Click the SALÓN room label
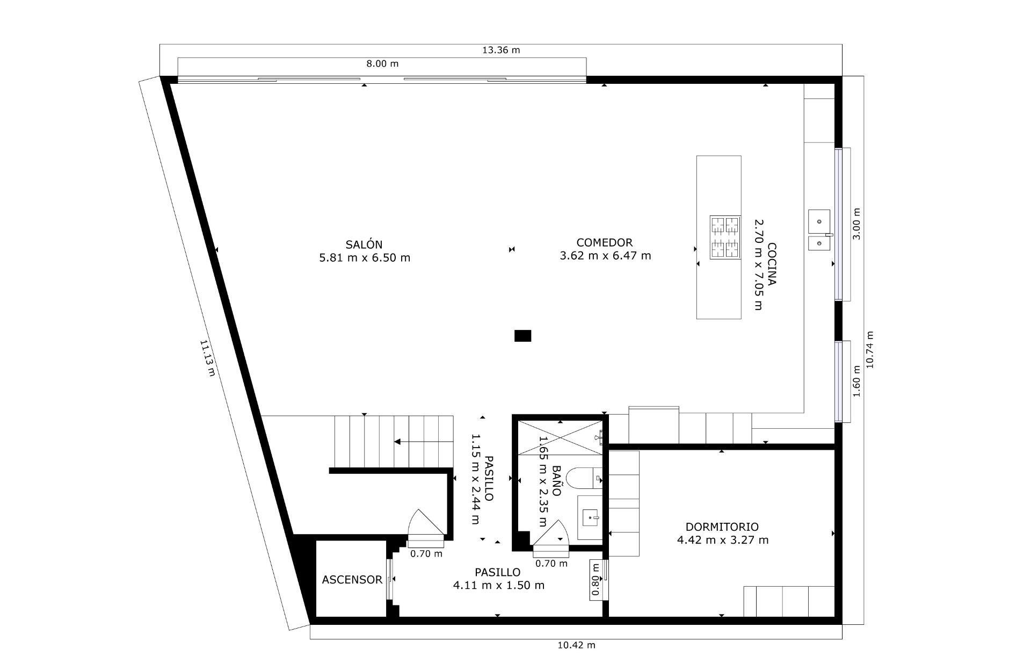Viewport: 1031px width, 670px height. coord(364,244)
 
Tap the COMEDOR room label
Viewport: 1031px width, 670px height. coord(604,242)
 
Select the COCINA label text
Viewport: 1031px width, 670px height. coord(772,264)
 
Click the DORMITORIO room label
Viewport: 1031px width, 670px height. coord(722,527)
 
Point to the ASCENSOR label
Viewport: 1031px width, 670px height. coord(352,580)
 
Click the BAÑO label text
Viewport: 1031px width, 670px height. coord(556,480)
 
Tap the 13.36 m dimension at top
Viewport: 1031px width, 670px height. coord(500,50)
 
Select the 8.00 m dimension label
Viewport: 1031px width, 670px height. coord(382,63)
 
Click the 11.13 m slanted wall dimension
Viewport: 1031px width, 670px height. coord(207,358)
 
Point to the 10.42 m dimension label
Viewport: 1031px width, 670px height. coord(576,645)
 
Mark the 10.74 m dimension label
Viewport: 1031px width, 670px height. coord(870,349)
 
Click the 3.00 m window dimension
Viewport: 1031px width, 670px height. coord(856,224)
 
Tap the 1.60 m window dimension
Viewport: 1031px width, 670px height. coord(856,381)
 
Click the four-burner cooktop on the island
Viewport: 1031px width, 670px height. coord(725,237)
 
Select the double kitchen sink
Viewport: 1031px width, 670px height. coord(819,229)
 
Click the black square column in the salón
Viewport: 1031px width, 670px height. coord(522,336)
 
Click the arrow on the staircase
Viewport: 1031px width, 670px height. coord(398,442)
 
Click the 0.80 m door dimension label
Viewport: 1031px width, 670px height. coord(595,579)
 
